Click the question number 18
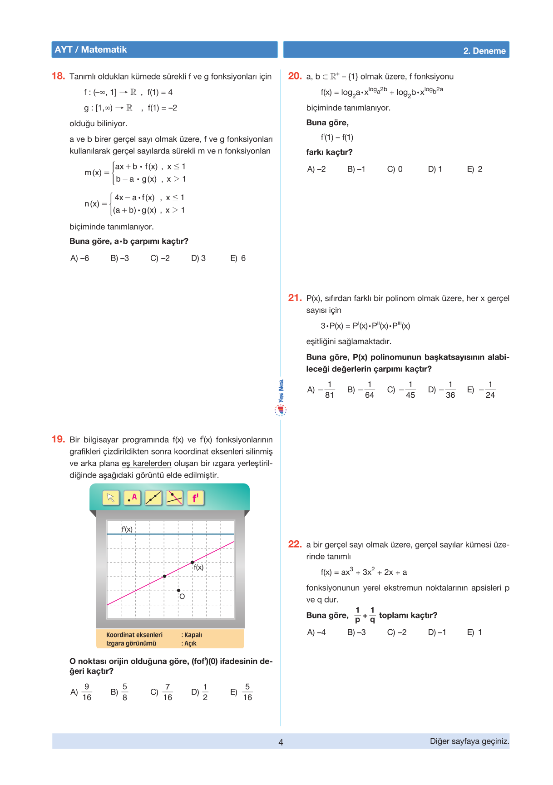tap(58, 76)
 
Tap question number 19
tap(58, 439)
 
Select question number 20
tap(295, 76)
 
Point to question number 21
tap(295, 298)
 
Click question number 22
tap(295, 544)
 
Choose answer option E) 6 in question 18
tap(238, 258)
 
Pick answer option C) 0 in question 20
tap(395, 169)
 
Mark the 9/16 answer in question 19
tap(81, 692)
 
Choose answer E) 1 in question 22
tap(474, 632)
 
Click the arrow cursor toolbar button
tap(111, 498)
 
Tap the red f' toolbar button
tap(196, 498)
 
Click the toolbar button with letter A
tap(132, 498)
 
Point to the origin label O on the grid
tap(182, 597)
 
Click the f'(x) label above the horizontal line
tap(127, 529)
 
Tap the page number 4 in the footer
tap(281, 742)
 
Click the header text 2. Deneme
tap(484, 51)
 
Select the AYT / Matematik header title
tap(91, 50)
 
